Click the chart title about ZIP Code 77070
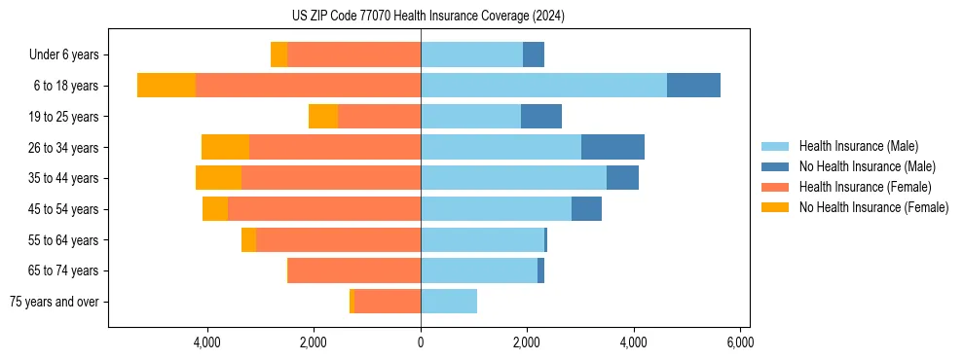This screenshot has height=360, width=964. [x=427, y=16]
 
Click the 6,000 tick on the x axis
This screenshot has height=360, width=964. [x=739, y=343]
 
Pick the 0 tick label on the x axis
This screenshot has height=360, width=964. [x=421, y=343]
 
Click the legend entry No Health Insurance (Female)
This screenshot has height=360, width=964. [x=873, y=207]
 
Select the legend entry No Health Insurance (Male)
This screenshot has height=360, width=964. [x=867, y=166]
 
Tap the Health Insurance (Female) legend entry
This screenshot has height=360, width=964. [x=865, y=187]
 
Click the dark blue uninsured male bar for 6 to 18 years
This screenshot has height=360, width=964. [x=693, y=86]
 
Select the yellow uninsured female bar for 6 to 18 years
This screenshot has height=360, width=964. [x=167, y=86]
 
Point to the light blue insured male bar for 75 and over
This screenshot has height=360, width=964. [x=449, y=302]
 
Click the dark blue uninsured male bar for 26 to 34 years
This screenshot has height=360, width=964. [x=612, y=147]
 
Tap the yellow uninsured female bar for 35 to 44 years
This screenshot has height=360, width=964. [x=218, y=178]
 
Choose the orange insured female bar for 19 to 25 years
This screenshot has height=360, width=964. [x=379, y=117]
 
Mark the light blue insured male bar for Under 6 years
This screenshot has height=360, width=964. [x=471, y=54]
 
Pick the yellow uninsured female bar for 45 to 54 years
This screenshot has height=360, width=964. [x=215, y=209]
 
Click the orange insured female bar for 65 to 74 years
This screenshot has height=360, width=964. [x=354, y=270]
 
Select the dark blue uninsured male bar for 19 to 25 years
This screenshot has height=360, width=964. [x=541, y=117]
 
